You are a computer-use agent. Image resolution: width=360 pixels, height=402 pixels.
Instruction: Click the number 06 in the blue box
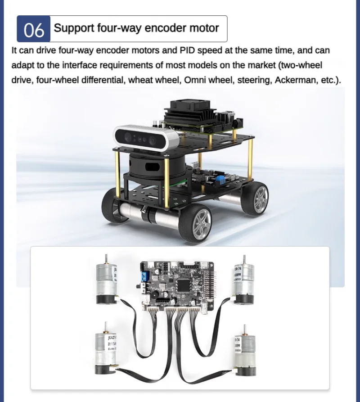point(34,30)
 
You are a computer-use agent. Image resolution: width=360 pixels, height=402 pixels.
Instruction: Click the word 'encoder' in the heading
point(155,28)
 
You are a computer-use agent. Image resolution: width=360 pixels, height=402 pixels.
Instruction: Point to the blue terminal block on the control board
point(145,276)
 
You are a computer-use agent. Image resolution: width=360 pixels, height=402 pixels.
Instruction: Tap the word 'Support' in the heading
point(74,28)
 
